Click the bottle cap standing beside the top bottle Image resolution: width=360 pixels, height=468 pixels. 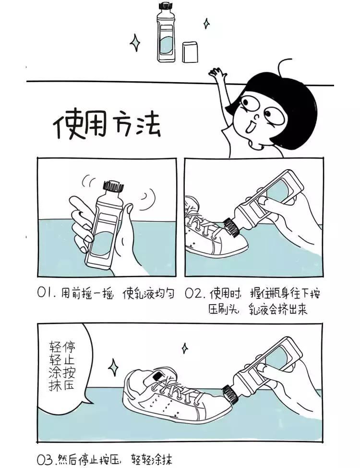click(x=190, y=52)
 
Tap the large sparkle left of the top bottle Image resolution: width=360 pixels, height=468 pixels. click(x=135, y=43)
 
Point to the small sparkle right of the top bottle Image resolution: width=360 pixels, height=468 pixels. click(x=206, y=23)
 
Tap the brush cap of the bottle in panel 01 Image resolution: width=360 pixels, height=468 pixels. click(x=113, y=186)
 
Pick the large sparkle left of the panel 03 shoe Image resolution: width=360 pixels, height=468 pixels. click(x=113, y=368)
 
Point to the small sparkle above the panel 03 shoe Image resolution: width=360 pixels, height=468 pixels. click(x=185, y=348)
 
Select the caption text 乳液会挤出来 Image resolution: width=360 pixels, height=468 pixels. click(x=278, y=310)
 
